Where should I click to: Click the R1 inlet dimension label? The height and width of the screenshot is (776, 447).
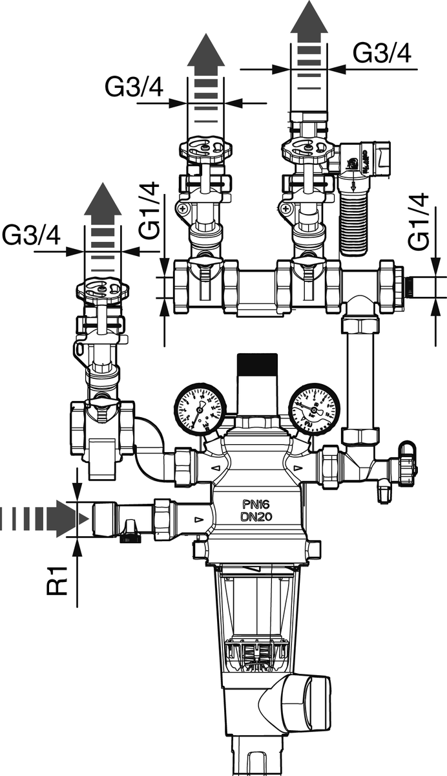tap(59, 579)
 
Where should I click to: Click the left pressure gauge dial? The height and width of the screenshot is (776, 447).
tap(198, 408)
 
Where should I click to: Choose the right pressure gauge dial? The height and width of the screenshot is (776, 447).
tap(314, 407)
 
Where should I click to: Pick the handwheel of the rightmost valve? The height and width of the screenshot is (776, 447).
tap(307, 149)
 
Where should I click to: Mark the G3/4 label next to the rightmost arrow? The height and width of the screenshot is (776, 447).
tap(382, 54)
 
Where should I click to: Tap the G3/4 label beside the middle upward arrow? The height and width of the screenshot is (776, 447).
tap(134, 87)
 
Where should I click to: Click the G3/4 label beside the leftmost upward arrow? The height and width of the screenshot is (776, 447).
tap(30, 235)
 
